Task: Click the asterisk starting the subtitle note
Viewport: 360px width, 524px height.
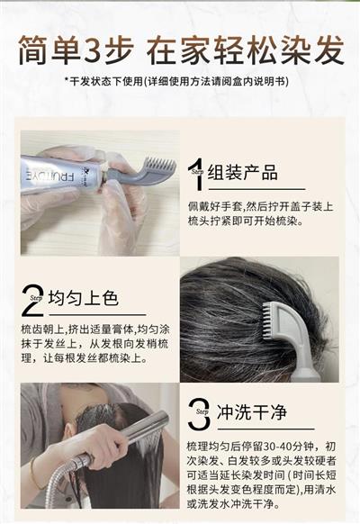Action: [67, 80]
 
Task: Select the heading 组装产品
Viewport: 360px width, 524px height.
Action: [243, 173]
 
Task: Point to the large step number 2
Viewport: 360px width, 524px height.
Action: [32, 300]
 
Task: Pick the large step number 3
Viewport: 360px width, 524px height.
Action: [199, 413]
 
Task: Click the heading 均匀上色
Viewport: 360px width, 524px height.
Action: [84, 297]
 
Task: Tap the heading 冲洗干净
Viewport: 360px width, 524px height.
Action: [252, 411]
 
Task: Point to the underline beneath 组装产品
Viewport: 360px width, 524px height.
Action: [256, 189]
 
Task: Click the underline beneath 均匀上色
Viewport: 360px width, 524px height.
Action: [97, 314]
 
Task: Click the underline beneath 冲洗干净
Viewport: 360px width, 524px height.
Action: [265, 429]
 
